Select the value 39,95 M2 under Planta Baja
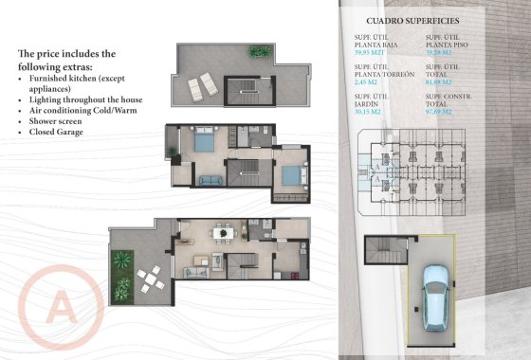(x=371, y=54)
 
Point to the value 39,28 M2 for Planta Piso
(x=442, y=54)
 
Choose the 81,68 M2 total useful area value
(x=442, y=82)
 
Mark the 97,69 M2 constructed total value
(x=442, y=111)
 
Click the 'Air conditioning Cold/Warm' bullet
(x=79, y=110)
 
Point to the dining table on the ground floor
(x=222, y=232)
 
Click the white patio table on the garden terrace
(x=150, y=279)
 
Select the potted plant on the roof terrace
(x=258, y=51)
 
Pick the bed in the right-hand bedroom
(x=292, y=175)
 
